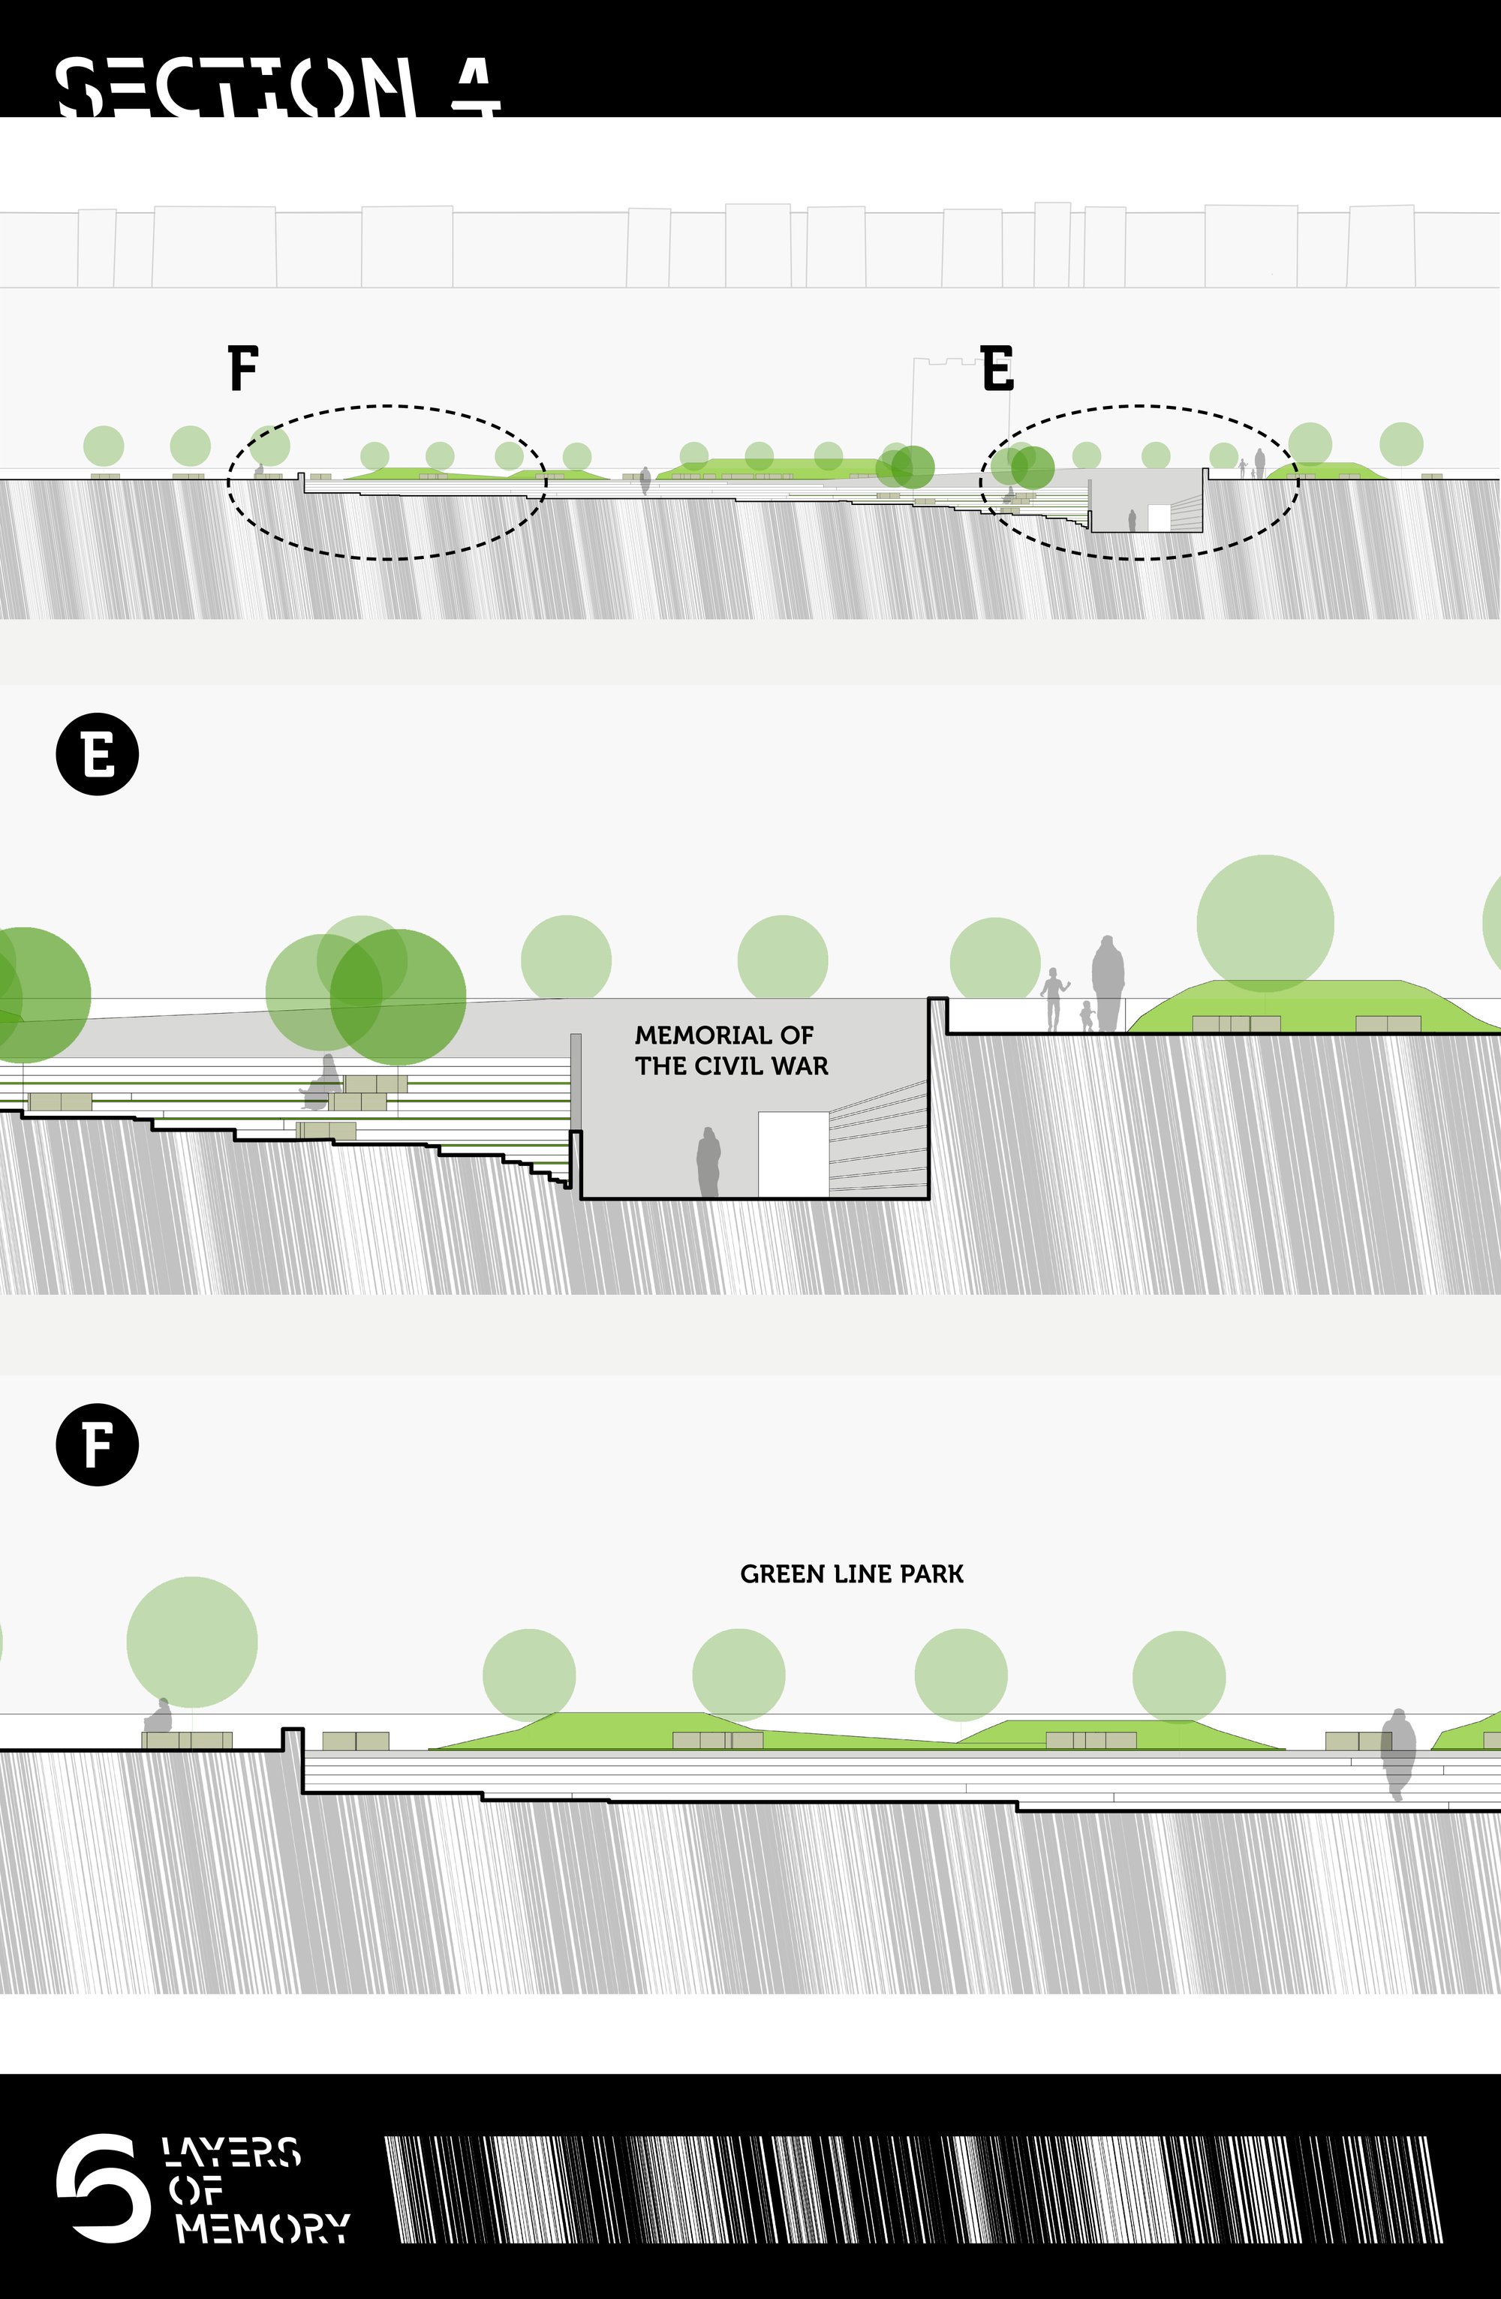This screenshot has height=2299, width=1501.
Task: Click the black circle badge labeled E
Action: (98, 754)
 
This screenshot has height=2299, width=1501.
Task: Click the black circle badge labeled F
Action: (98, 1445)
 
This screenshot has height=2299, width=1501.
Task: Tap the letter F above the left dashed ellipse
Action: (243, 367)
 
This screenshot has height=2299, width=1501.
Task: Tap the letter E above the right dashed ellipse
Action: (997, 367)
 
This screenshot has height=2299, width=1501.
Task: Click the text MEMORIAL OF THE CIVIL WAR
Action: (731, 1050)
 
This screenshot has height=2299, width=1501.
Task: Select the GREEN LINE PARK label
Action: (852, 1574)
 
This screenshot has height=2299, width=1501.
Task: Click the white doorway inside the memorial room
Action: (793, 1154)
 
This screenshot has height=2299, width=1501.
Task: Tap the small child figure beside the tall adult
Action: (1087, 1016)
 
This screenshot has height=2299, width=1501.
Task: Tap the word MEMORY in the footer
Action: (263, 2228)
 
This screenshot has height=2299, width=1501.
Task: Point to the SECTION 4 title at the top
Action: (278, 87)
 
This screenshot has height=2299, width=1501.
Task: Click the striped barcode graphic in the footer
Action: (914, 2189)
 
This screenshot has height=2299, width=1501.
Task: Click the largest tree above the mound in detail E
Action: (1265, 924)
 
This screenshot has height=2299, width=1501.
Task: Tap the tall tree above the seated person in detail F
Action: (192, 1642)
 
